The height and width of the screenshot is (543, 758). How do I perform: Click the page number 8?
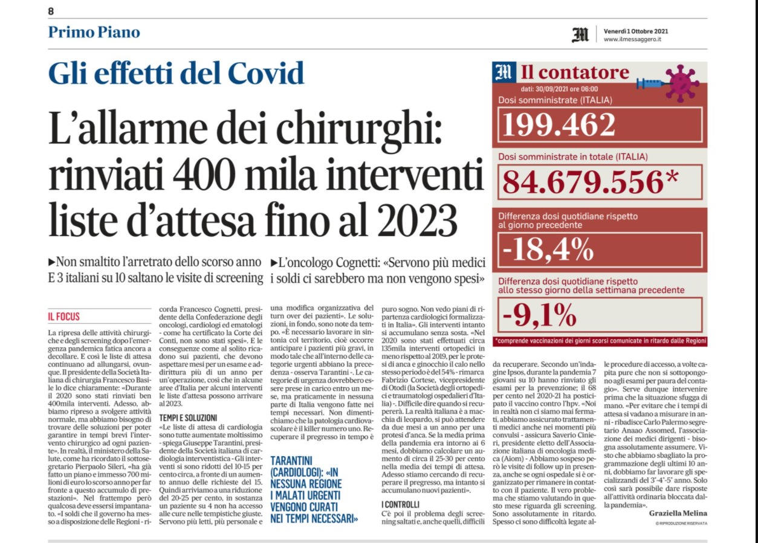tap(51, 11)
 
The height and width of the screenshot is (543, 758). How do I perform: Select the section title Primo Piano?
tap(94, 32)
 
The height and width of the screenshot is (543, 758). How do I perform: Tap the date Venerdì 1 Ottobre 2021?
tap(635, 31)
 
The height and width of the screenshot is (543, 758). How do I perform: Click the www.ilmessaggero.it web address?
tap(632, 40)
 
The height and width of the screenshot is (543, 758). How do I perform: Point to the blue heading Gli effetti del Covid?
tap(177, 74)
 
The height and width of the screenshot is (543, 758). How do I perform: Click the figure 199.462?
tap(560, 124)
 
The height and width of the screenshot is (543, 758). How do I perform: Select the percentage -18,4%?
tap(544, 248)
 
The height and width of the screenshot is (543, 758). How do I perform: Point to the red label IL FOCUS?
tap(64, 316)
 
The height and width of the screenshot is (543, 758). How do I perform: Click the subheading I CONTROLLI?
tap(400, 504)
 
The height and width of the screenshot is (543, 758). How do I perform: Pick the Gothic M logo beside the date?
tap(580, 35)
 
